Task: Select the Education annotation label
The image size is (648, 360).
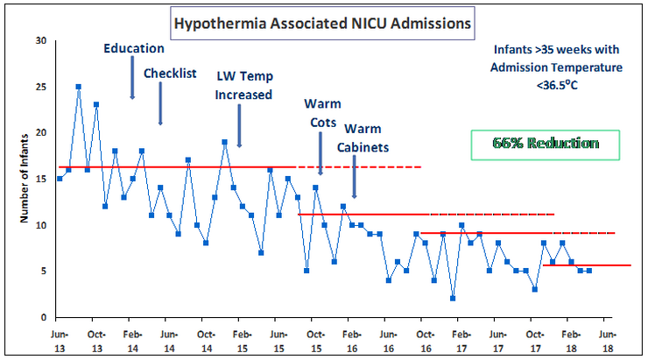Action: click(133, 48)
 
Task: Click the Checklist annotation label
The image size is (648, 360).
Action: click(169, 73)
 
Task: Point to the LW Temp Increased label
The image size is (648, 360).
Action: click(244, 85)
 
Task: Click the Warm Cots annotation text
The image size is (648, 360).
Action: click(322, 113)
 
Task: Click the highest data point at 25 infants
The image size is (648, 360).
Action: click(78, 87)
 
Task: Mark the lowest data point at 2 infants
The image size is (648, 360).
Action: click(453, 298)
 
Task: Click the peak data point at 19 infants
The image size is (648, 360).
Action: click(224, 142)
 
